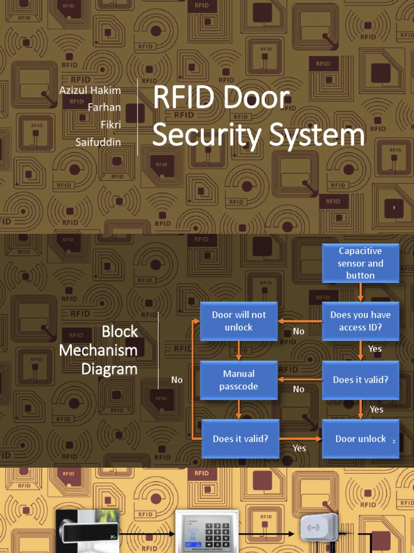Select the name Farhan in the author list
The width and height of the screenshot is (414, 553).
point(104,107)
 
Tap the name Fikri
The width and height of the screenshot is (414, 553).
point(111,125)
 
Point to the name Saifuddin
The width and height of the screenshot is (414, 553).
point(98,143)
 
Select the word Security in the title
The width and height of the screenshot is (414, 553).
point(209,135)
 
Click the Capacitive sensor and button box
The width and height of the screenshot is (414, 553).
point(360,263)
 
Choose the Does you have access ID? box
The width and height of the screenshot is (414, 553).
point(360,321)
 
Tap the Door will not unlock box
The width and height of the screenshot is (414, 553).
point(239,321)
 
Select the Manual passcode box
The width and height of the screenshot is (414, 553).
point(239,380)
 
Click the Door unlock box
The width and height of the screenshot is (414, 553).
point(360,439)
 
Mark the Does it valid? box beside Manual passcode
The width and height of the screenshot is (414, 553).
point(360,380)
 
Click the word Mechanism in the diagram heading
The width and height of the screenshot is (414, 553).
point(98,350)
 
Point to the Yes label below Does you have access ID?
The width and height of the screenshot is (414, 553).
point(375,349)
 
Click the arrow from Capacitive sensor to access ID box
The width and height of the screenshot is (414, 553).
point(360,292)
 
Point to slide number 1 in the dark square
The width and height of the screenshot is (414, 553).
point(395,208)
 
